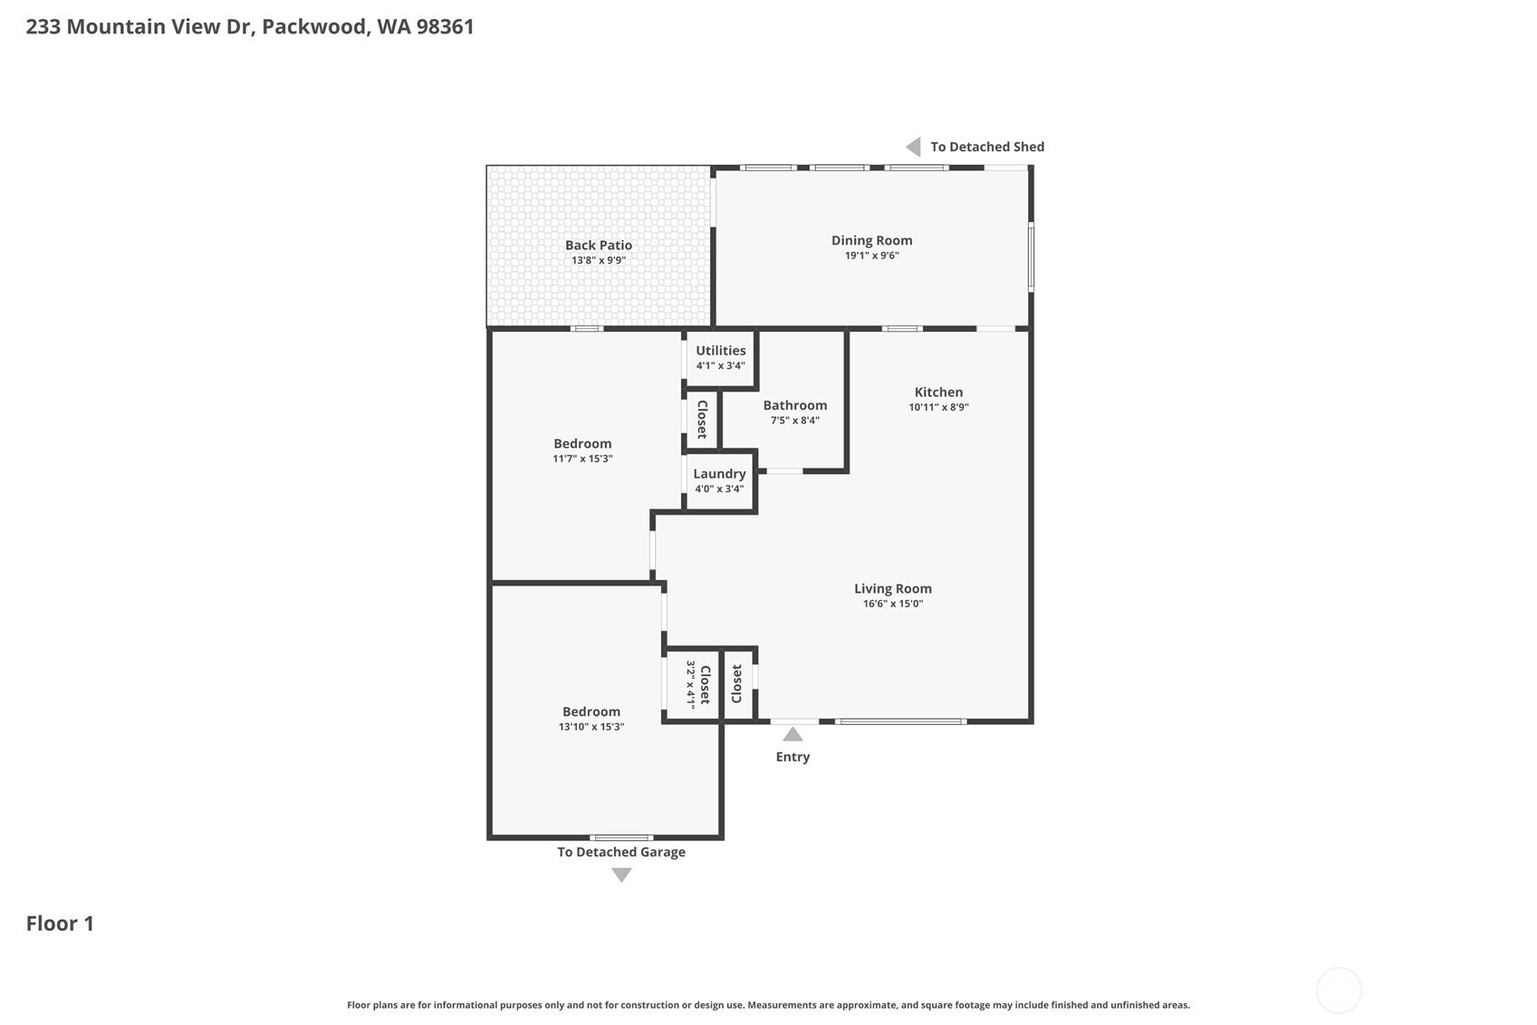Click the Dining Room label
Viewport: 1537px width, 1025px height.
coord(871,240)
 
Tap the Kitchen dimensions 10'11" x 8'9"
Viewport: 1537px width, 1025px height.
coord(938,407)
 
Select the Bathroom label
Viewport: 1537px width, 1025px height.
coord(795,405)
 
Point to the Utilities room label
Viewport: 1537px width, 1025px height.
coord(720,350)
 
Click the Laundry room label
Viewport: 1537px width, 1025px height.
coord(719,474)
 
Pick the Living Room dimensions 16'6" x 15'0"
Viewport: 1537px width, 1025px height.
coord(893,604)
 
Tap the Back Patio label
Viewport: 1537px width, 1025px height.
coord(599,245)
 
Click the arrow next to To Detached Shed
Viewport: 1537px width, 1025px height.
coord(913,147)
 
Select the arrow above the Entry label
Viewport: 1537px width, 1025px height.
coord(793,735)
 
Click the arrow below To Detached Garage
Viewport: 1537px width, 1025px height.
coord(621,875)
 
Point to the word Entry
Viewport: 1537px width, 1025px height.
coord(793,757)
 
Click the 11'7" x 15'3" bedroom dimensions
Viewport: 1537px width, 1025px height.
coord(582,459)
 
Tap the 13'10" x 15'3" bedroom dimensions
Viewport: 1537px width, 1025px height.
coord(591,726)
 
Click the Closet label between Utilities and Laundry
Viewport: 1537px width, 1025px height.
coord(702,419)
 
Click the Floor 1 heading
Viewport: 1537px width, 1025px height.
coord(60,923)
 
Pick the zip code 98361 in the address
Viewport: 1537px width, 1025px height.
coord(445,26)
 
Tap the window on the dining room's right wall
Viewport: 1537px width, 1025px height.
coord(1031,256)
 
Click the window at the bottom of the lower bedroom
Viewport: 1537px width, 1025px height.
coord(621,837)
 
